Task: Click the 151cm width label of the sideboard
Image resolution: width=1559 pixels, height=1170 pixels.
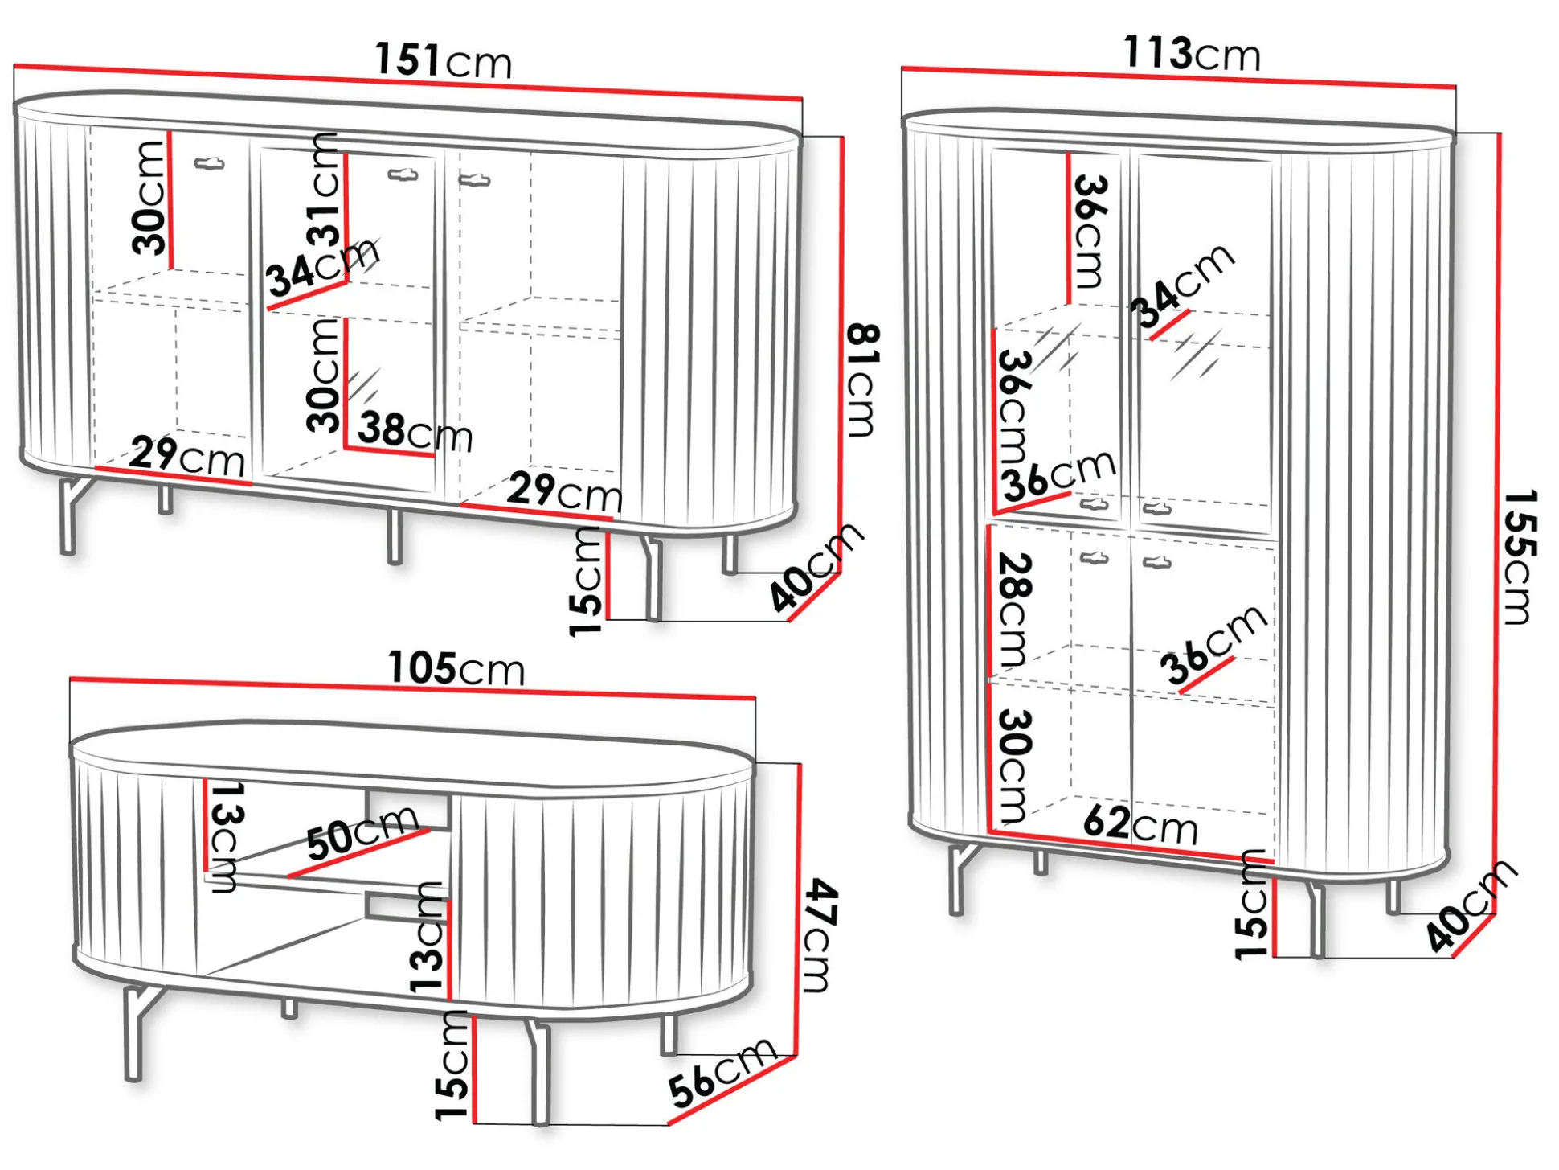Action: pos(444,61)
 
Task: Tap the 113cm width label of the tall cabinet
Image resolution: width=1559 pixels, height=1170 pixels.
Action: pos(1192,54)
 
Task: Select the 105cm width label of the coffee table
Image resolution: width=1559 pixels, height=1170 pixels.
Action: pos(456,668)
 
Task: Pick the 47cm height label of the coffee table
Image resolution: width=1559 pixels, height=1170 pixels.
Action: pos(821,935)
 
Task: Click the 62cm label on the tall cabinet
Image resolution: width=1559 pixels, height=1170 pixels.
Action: pos(1140,824)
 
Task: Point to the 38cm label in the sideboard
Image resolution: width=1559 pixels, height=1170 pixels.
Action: pos(415,431)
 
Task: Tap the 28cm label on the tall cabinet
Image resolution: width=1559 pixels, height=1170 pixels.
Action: pos(1013,610)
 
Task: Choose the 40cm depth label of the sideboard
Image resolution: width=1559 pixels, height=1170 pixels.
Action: pos(816,567)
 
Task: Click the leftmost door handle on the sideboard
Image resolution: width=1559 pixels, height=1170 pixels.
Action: pos(209,164)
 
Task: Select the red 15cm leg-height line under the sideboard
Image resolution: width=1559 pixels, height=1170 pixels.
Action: pos(608,576)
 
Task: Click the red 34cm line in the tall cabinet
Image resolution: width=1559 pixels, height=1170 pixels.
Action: pos(1169,325)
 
